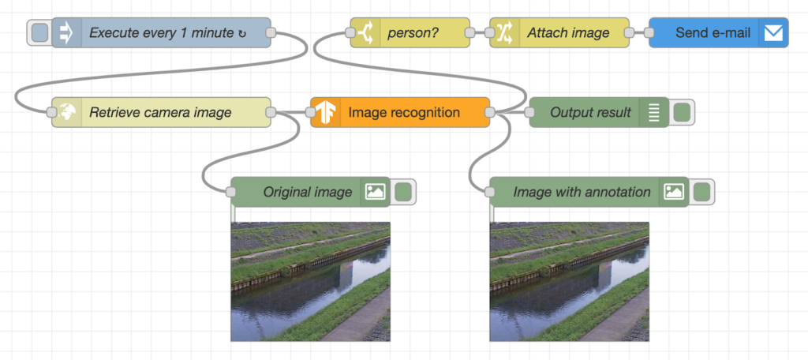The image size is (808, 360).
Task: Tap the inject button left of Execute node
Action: tap(39, 33)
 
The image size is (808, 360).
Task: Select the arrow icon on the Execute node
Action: tap(66, 33)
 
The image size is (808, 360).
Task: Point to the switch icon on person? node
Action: tap(365, 33)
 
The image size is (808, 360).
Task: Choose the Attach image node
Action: tap(568, 33)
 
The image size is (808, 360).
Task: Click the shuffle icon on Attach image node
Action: tap(504, 33)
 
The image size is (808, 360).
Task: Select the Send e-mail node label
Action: tap(713, 33)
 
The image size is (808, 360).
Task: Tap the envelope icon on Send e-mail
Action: tap(773, 33)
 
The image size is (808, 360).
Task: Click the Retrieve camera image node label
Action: tap(160, 112)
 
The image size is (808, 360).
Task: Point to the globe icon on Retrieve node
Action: tap(66, 112)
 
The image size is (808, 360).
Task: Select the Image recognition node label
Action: tap(404, 112)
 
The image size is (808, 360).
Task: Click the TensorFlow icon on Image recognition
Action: tap(324, 112)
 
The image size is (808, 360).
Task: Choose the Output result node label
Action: tap(590, 112)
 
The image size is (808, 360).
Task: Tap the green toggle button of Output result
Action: tap(682, 112)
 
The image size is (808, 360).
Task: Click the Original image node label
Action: tap(307, 192)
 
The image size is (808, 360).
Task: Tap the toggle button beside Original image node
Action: tap(403, 192)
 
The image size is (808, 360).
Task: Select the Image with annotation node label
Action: tap(582, 192)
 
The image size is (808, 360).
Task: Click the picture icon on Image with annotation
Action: tap(673, 192)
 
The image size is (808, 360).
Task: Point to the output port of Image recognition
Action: tap(490, 113)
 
